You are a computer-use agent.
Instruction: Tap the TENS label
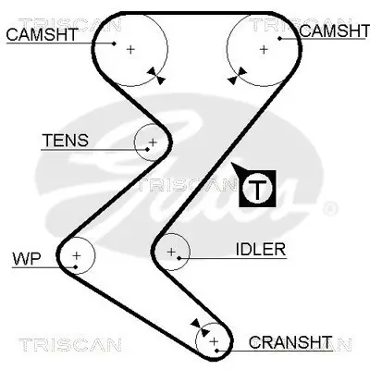65,141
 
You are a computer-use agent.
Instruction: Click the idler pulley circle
171,250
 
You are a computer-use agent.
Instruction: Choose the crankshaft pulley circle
215,341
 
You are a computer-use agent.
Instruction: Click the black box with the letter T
258,188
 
